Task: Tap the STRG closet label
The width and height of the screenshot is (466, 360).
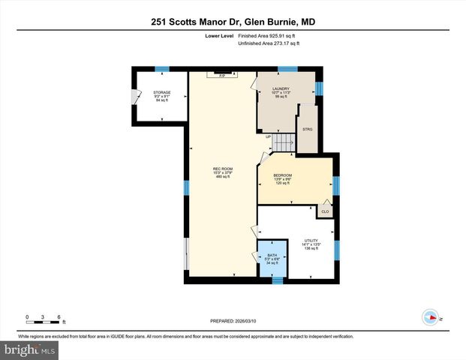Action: pyautogui.click(x=307, y=128)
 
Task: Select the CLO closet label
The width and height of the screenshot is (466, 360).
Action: pyautogui.click(x=325, y=212)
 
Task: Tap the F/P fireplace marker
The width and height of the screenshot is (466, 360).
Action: pyautogui.click(x=222, y=75)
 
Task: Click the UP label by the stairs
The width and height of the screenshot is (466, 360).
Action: pyautogui.click(x=268, y=136)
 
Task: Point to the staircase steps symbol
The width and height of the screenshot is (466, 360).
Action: pyautogui.click(x=283, y=141)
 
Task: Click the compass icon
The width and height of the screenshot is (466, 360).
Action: pyautogui.click(x=430, y=316)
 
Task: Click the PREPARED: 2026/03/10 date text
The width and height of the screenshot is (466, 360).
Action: pyautogui.click(x=232, y=321)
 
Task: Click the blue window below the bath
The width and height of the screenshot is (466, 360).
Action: pyautogui.click(x=277, y=281)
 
